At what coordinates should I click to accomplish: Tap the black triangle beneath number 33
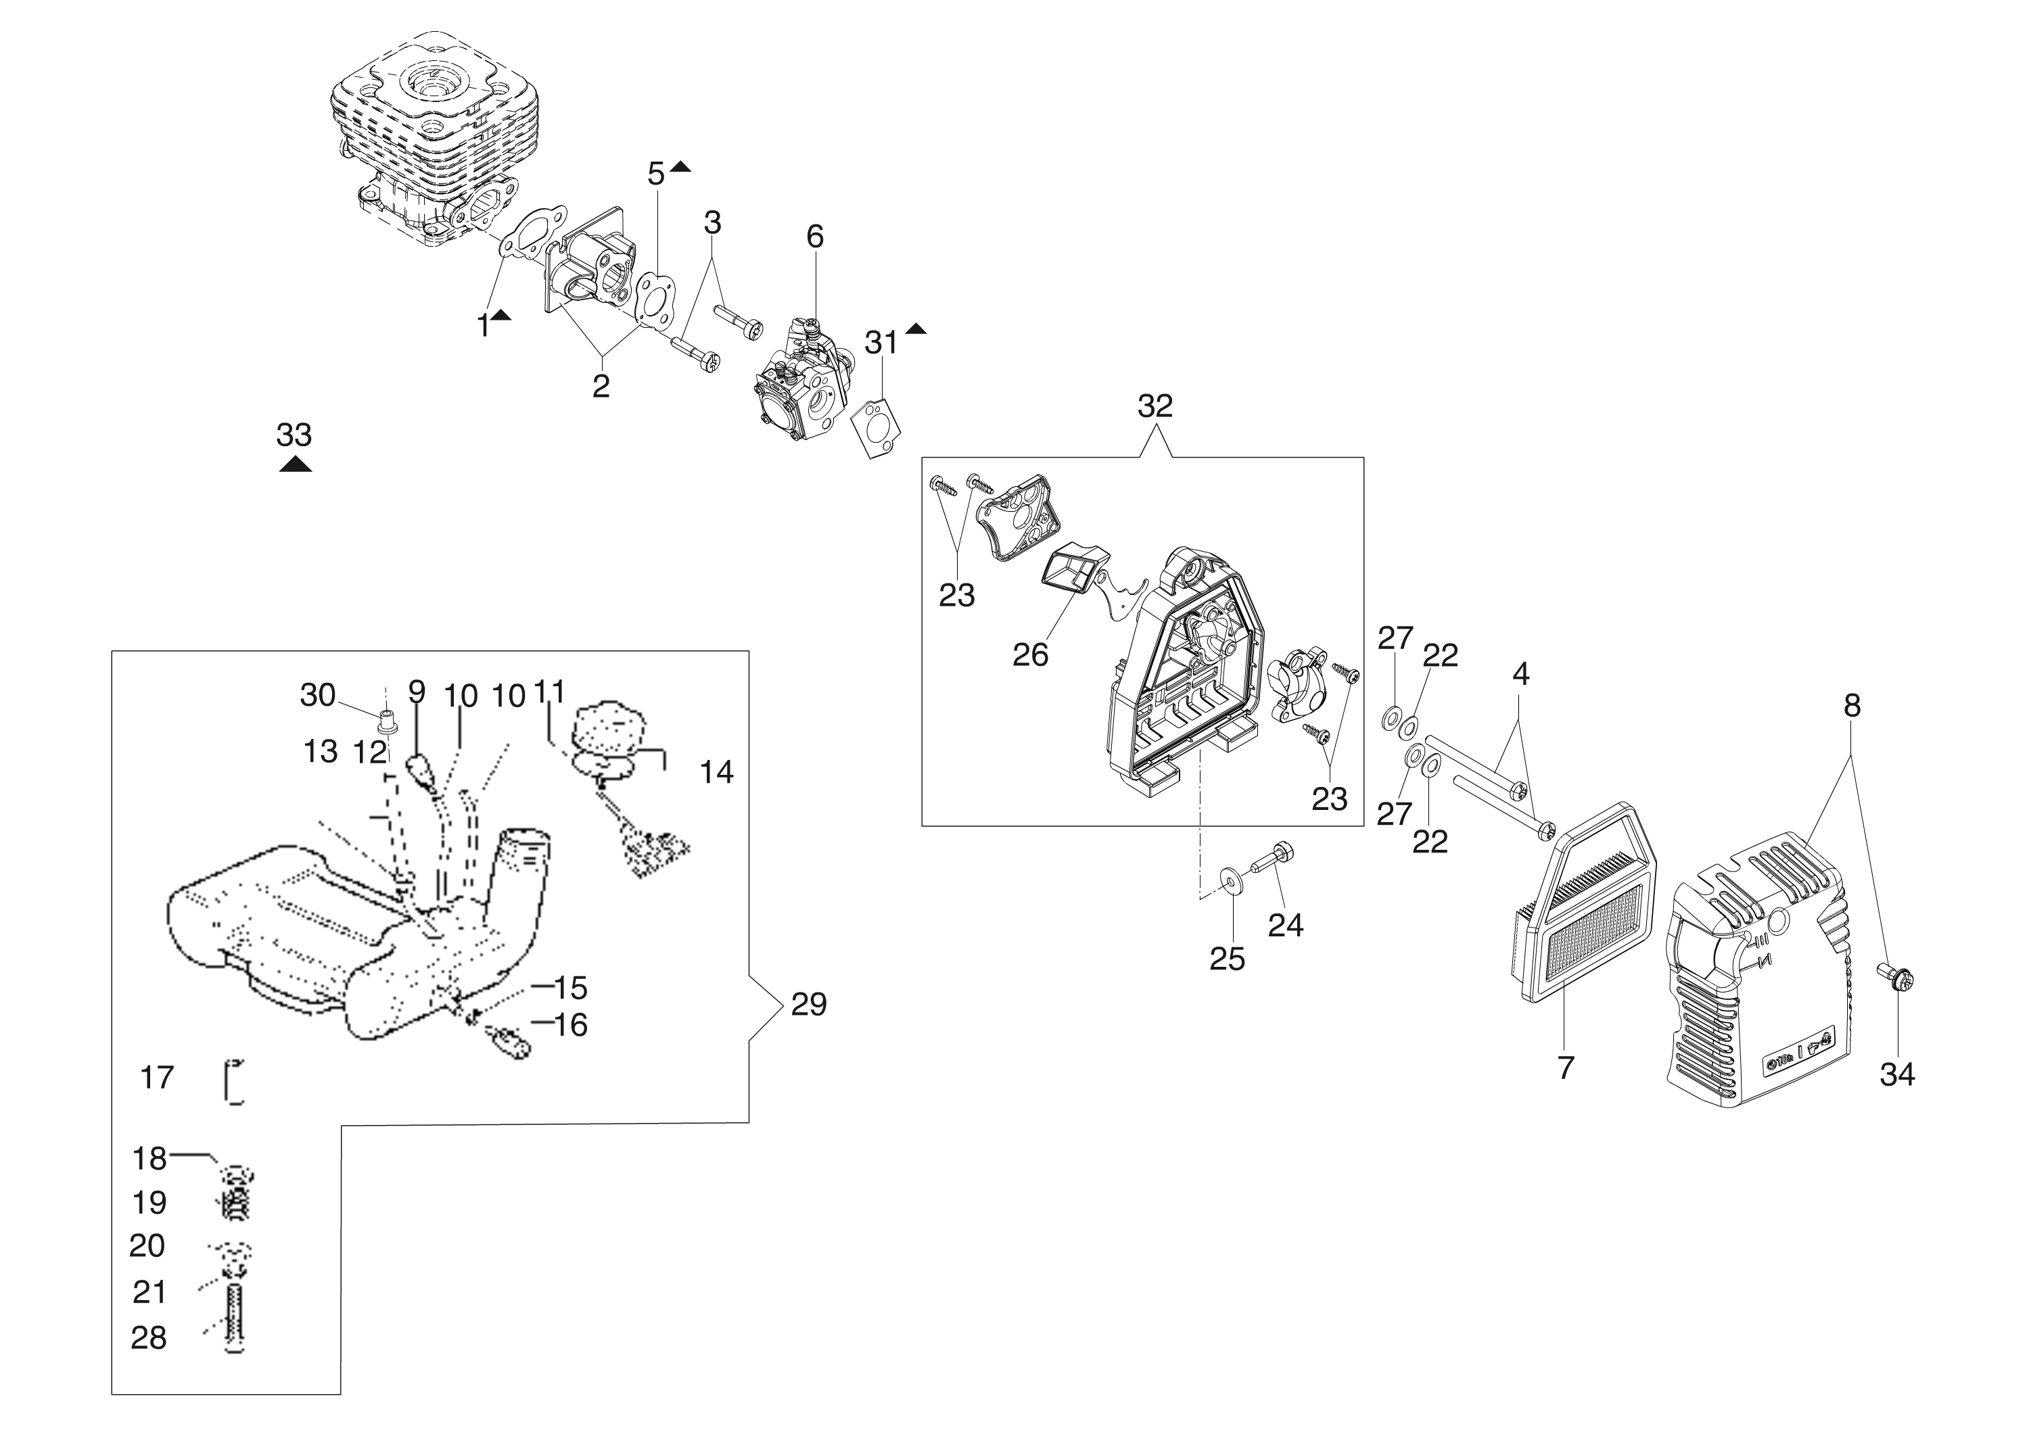coord(296,464)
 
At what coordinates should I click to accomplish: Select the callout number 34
coord(1897,1074)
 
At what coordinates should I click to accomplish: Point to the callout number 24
coord(1285,925)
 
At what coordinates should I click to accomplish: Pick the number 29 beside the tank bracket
coord(808,1005)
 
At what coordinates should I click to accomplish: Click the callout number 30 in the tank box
coord(317,695)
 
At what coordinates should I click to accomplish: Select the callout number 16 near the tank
coord(571,1025)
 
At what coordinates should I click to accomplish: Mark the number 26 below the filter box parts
coord(1031,655)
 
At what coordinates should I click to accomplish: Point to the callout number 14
coord(716,772)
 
